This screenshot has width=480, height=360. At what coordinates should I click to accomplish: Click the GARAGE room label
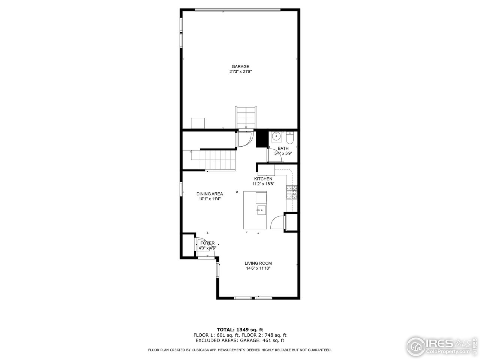240,67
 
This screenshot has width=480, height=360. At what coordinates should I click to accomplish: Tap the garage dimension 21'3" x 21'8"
240,72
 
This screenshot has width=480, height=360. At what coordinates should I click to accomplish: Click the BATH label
283,148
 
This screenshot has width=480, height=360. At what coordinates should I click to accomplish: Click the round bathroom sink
277,137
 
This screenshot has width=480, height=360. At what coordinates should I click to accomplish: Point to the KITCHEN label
263,179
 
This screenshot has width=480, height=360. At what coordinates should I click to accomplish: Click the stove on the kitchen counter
292,192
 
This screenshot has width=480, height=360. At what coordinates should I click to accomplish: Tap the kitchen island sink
261,209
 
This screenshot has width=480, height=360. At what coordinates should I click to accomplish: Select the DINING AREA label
210,194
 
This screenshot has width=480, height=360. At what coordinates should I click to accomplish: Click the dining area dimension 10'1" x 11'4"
210,199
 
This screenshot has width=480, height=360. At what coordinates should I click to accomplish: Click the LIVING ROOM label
258,263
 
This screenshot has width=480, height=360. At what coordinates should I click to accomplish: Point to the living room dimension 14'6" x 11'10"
258,268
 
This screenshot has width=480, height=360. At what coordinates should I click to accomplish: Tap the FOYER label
207,243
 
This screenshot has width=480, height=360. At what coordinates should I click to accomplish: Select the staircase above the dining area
217,159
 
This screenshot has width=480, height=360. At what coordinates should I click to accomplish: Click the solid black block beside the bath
261,139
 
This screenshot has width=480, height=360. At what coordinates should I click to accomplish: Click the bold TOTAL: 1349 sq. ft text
240,330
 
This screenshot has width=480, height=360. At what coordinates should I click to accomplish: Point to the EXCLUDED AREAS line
240,340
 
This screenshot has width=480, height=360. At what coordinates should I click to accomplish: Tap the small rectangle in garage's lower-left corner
198,123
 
